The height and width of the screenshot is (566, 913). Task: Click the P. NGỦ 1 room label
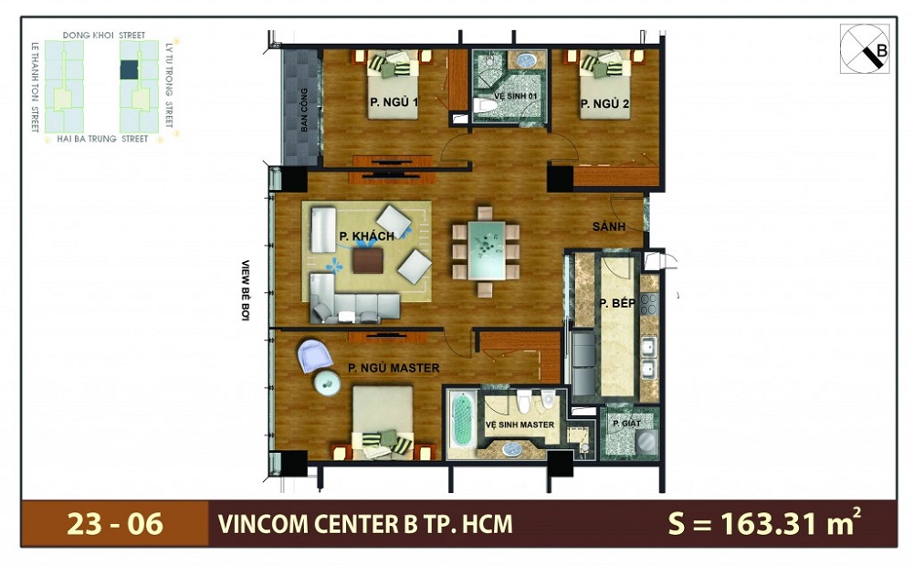click(394, 102)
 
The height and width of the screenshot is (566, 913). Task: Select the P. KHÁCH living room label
click(366, 236)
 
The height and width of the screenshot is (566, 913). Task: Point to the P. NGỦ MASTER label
click(394, 368)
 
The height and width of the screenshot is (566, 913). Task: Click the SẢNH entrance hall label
click(608, 226)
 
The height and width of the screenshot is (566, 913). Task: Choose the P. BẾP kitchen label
click(617, 302)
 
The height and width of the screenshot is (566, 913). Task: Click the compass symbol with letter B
click(864, 48)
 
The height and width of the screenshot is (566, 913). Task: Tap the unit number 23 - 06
click(115, 524)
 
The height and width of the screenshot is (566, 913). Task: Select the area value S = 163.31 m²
click(764, 523)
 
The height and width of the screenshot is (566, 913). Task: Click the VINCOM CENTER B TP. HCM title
click(365, 524)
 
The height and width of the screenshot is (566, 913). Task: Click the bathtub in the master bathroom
click(465, 421)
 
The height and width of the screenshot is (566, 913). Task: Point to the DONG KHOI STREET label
click(103, 36)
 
